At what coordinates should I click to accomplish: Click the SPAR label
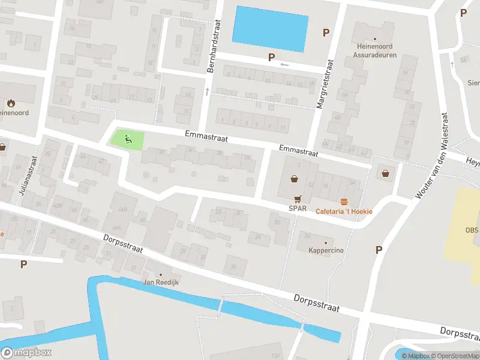pyautogui.click(x=298, y=208)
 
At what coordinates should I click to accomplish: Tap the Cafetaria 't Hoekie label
pyautogui.click(x=344, y=211)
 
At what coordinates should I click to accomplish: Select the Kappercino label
pyautogui.click(x=326, y=250)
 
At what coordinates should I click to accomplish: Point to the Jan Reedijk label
pyautogui.click(x=161, y=282)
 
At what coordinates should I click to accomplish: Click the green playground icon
pyautogui.click(x=127, y=139)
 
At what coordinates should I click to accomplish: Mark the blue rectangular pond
pyautogui.click(x=270, y=28)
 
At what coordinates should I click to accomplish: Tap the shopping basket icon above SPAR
pyautogui.click(x=294, y=178)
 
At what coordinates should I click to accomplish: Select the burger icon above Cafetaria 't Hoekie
pyautogui.click(x=344, y=202)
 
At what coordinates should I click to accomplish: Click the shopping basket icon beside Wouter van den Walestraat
pyautogui.click(x=384, y=173)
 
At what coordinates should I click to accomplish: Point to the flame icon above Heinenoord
pyautogui.click(x=11, y=103)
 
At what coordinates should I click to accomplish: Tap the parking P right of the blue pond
pyautogui.click(x=326, y=33)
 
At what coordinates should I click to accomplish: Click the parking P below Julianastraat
pyautogui.click(x=24, y=263)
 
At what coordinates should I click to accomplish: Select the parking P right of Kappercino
pyautogui.click(x=379, y=250)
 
